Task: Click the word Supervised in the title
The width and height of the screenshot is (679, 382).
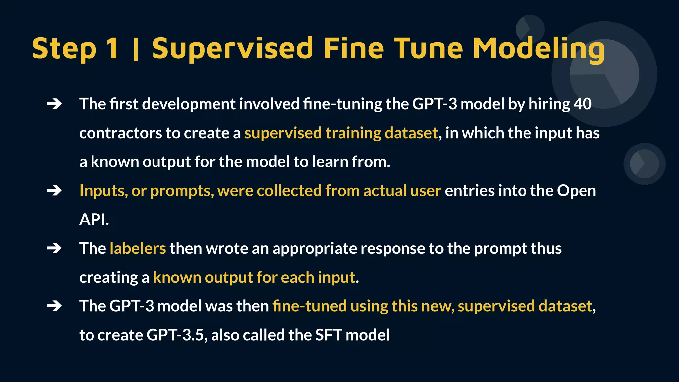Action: [x=232, y=49]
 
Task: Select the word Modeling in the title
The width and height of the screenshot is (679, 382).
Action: [x=538, y=49]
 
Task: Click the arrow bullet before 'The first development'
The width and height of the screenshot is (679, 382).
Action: [x=54, y=104]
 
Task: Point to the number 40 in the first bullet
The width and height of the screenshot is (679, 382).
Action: [x=583, y=104]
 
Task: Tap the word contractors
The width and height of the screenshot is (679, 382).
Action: [x=120, y=133]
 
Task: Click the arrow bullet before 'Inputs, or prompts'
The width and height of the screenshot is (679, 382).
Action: [x=54, y=191]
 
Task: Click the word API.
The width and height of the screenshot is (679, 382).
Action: [x=94, y=220]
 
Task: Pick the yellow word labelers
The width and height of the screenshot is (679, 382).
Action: [x=138, y=248]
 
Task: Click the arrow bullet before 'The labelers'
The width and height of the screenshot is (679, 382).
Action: [x=54, y=248]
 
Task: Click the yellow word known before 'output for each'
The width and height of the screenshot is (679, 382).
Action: [x=177, y=277]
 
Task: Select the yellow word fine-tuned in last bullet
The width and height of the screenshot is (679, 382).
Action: [x=309, y=306]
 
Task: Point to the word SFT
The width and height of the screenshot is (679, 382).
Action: [x=328, y=335]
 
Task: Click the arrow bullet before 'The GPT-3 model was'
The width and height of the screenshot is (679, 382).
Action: [x=54, y=306]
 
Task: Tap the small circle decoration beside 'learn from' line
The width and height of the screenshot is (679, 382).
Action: [x=644, y=163]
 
